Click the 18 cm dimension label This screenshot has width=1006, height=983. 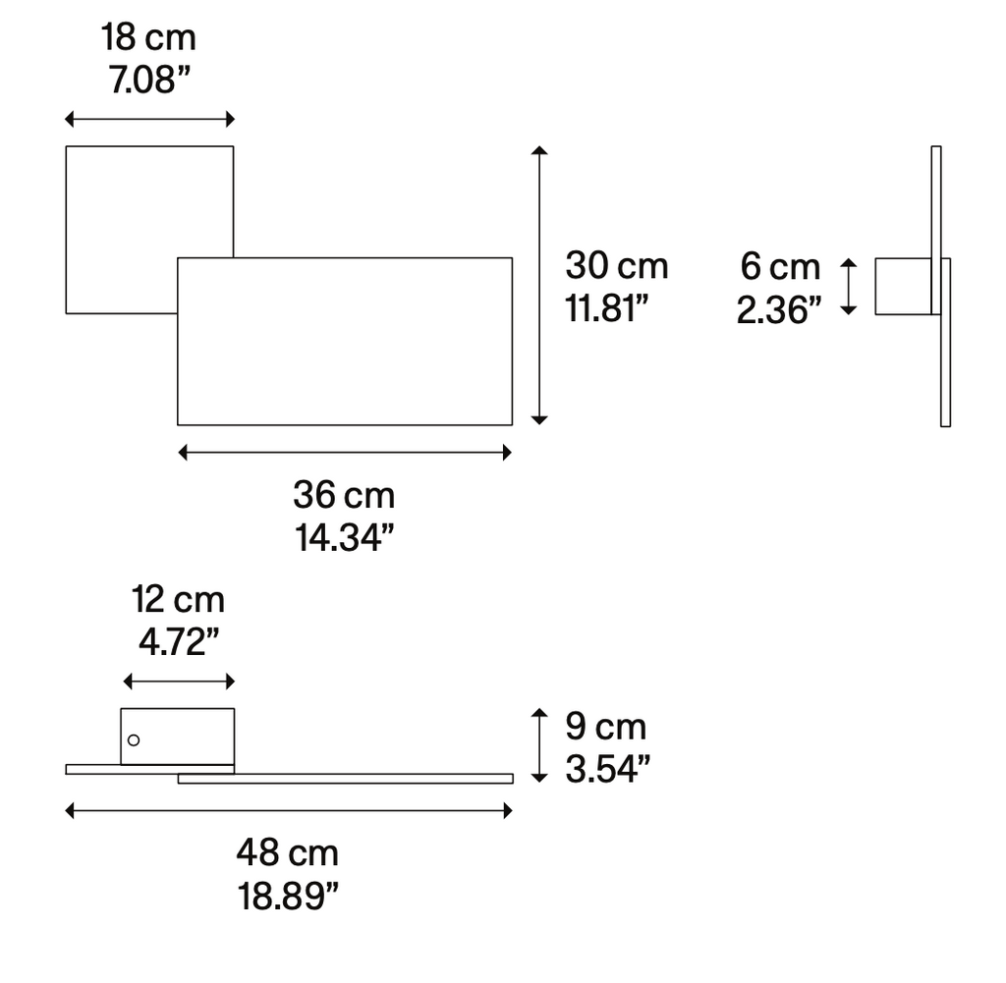(x=148, y=38)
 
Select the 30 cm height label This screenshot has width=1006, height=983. (x=616, y=265)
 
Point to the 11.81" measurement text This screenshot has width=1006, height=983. (x=608, y=307)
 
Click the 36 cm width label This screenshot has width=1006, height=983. (x=344, y=495)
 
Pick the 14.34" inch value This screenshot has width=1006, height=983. (x=345, y=537)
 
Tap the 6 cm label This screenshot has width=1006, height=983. (x=780, y=266)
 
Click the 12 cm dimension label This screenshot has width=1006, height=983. (x=178, y=599)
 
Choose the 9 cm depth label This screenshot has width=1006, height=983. (x=605, y=727)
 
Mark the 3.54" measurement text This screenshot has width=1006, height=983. (x=607, y=769)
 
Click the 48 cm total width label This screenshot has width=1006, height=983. (x=287, y=852)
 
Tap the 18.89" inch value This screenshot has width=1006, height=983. (x=287, y=895)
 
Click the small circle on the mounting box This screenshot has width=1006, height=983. (x=134, y=739)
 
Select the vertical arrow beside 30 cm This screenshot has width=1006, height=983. (x=538, y=285)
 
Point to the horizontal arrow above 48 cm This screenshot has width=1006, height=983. (x=289, y=810)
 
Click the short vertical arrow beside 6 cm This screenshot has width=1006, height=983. (x=850, y=287)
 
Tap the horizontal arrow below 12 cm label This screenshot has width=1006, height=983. (x=178, y=682)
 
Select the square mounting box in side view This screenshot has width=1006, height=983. (x=902, y=287)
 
